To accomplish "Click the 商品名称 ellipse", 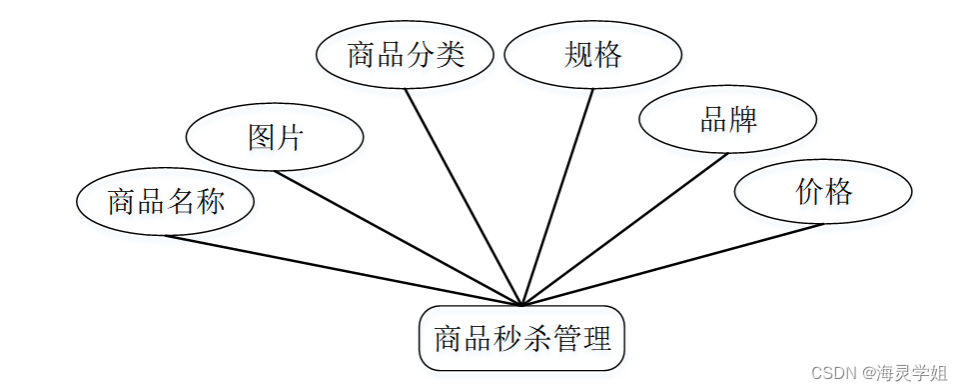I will tap(166, 201).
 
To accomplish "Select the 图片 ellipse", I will tap(276, 136).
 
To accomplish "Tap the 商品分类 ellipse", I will tap(406, 54).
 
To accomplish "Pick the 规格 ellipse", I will tap(593, 54).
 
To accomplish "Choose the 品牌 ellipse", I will tap(728, 120).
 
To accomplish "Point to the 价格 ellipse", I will tap(823, 191).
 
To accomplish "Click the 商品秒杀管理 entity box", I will tap(521, 338).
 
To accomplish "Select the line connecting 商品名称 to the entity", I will tap(343, 270).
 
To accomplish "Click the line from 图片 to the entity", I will tap(399, 238).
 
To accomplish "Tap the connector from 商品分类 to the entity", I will tap(464, 196).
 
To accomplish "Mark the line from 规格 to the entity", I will tap(557, 196).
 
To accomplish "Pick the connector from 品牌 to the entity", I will tap(624, 229).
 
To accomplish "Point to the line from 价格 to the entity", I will tap(672, 264).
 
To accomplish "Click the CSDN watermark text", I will tap(878, 373).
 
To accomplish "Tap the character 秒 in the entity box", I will tap(504, 338).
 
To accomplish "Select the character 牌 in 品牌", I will tap(743, 120).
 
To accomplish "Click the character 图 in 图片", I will tap(262, 136).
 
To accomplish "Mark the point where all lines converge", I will tap(521, 304).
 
